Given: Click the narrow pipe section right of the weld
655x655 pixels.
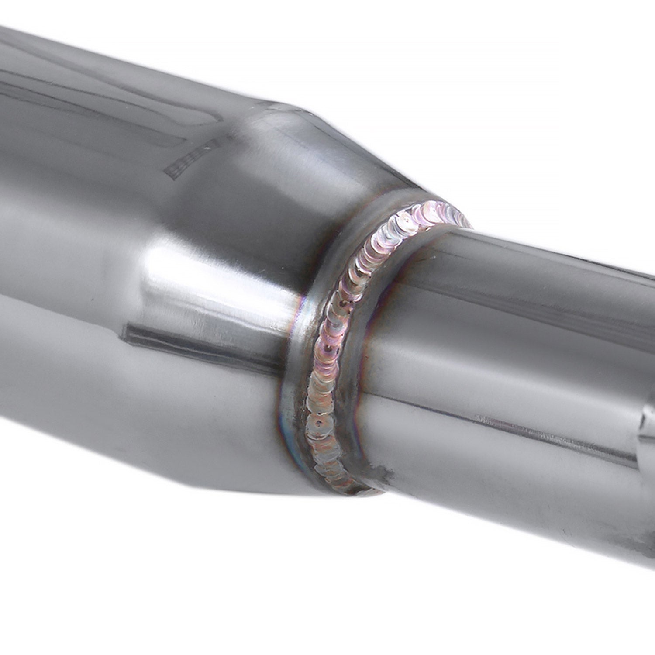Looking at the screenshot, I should (502, 349).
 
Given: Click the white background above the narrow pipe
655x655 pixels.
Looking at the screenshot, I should (524, 109).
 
